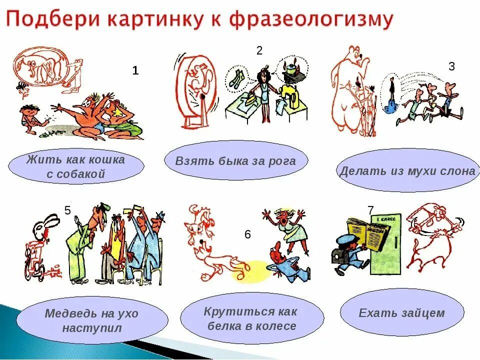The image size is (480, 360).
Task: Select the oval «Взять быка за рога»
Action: coord(236,160)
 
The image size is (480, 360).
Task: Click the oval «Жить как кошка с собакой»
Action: coord(76,166)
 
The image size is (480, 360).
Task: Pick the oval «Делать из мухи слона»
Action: coord(408,171)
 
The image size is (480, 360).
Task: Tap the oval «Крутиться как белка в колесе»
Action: coord(250,318)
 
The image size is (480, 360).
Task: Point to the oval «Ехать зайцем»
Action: coord(402,313)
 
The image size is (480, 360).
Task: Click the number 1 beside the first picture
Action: coord(135,71)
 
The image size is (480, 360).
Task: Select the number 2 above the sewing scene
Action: coord(259,50)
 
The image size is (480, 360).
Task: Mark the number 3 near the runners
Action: coord(451,66)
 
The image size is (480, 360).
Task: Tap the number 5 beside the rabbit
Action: coord(67,210)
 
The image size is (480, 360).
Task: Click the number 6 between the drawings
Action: coord(247,235)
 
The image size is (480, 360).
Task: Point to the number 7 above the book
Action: coord(370,210)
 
